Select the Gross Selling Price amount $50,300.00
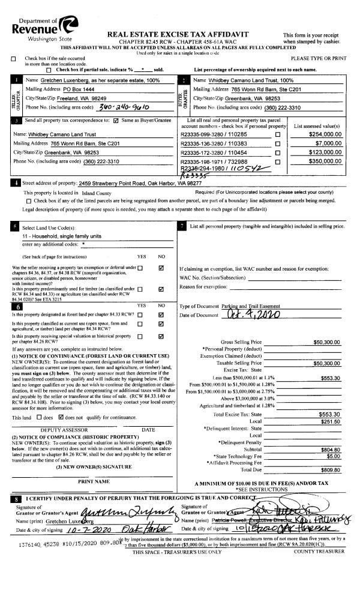click(328, 343)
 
